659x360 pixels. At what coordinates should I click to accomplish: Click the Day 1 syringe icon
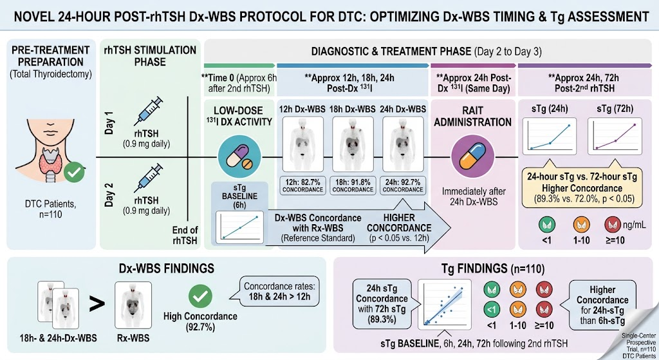148,111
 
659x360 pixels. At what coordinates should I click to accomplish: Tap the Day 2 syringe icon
148,178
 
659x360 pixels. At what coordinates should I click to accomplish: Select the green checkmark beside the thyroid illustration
74,173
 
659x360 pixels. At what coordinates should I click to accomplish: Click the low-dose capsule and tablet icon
239,156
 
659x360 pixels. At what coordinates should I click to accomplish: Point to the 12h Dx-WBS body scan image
302,144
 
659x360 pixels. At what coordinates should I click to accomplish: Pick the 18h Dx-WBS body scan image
353,144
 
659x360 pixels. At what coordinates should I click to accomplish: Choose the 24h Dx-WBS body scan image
403,144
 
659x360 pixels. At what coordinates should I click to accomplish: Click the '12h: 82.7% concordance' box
302,185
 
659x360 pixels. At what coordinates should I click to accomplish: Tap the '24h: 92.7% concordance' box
403,185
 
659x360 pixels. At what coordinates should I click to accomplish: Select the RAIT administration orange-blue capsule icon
473,157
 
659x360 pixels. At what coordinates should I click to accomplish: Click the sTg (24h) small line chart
550,137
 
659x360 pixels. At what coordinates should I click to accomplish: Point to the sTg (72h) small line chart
615,137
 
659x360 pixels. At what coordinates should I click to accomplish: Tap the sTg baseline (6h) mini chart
239,227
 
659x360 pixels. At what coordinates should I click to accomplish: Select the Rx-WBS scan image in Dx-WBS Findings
133,305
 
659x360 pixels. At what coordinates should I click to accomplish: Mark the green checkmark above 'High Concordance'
200,296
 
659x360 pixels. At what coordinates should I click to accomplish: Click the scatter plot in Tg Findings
444,304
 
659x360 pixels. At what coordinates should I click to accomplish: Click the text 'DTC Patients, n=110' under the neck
50,209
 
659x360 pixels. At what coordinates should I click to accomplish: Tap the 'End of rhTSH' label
185,235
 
